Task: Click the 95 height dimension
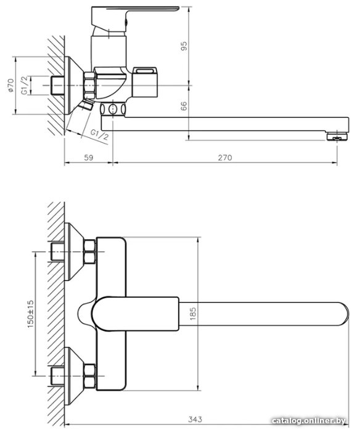184,46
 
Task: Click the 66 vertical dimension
184,106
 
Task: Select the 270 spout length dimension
225,158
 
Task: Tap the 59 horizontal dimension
89,158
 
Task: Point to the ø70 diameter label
10,85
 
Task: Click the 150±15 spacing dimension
31,314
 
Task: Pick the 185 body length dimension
193,314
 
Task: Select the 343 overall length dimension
195,419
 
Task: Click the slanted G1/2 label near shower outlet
99,135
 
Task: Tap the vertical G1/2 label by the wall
25,85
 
